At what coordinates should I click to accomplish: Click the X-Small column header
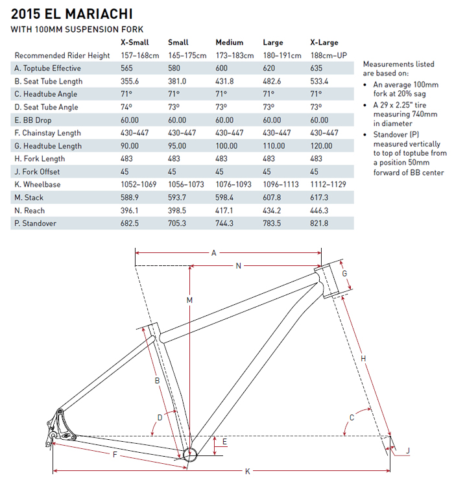coord(135,43)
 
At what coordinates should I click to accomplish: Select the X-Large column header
coord(324,43)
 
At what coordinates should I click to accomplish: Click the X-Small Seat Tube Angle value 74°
coord(126,107)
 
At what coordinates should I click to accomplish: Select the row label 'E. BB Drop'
coord(34,120)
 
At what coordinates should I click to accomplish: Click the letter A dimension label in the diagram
coord(213,254)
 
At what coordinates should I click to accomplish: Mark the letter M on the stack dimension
coord(189,300)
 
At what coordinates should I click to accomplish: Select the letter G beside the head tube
coord(345,274)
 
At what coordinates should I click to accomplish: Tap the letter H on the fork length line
coord(363,359)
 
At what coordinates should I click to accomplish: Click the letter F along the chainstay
coord(115,455)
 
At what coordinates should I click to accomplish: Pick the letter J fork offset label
coord(408,450)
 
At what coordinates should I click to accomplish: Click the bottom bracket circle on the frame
coord(189,453)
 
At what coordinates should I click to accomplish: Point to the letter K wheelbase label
coord(247,471)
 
